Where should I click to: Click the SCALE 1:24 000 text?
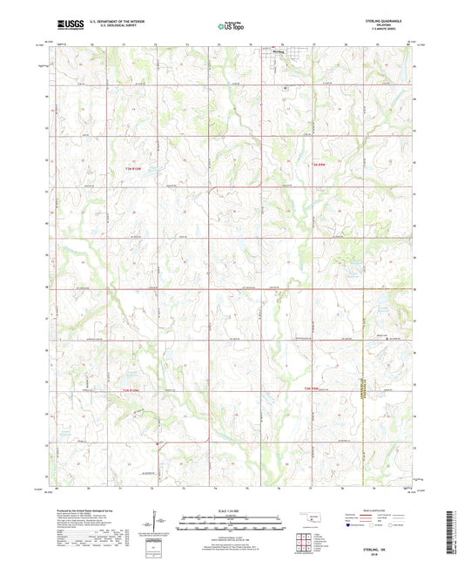point(232,510)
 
